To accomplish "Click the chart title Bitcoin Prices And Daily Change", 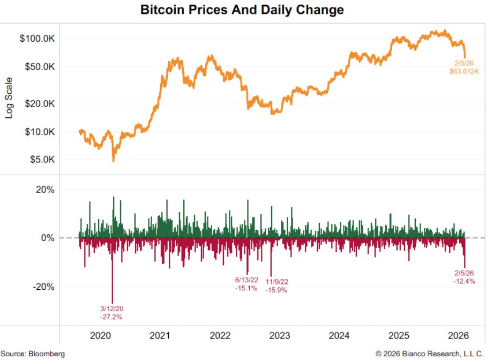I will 242,10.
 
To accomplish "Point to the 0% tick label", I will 48,238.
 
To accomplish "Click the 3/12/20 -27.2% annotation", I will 111,313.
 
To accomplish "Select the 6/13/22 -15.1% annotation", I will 246,284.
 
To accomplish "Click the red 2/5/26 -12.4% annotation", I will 464,277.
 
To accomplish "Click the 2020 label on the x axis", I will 101,336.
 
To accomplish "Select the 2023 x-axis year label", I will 280,336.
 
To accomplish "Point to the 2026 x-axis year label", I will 459,336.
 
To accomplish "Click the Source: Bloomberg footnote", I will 33,354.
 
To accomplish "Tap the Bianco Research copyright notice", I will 429,354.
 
